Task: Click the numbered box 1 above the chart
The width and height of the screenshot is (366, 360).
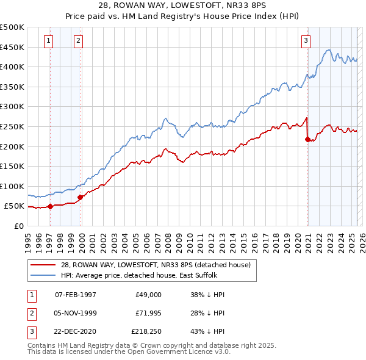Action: click(48, 41)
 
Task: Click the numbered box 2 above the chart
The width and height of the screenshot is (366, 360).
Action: click(79, 41)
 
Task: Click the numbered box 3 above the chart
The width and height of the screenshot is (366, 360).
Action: click(306, 41)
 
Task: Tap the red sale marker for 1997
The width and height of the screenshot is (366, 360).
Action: click(50, 206)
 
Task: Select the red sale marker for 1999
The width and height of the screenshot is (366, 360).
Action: click(81, 197)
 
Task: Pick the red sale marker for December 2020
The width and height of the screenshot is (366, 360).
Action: click(307, 139)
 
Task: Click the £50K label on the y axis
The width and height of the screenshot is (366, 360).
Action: click(15, 206)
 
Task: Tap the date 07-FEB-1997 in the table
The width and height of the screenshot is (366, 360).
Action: click(76, 294)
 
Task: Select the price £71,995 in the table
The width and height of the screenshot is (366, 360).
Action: click(148, 313)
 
